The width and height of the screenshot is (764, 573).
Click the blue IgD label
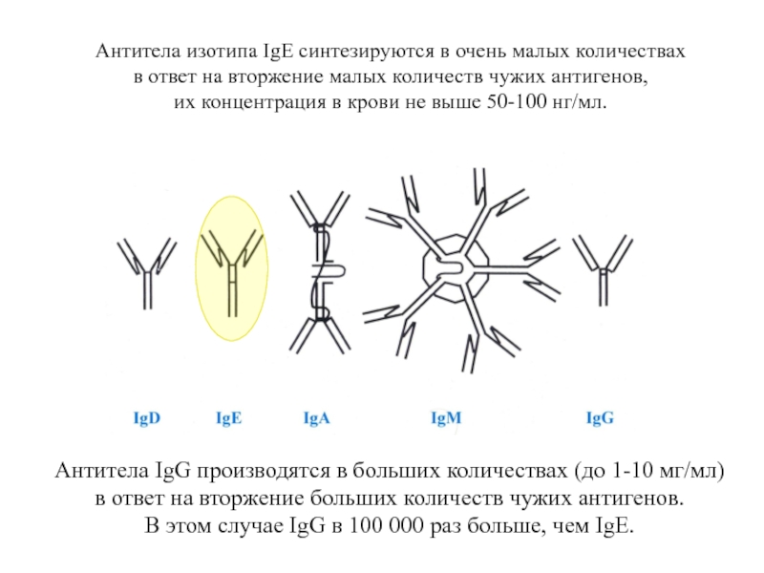[147, 418]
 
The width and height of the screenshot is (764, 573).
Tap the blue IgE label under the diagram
[228, 418]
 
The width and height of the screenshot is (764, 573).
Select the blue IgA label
[316, 418]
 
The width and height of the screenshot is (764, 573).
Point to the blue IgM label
[446, 418]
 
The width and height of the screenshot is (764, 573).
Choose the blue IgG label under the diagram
[600, 418]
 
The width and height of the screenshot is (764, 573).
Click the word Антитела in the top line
[138, 51]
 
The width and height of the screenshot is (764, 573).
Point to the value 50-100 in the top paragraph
[517, 102]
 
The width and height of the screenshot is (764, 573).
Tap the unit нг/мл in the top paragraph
[580, 103]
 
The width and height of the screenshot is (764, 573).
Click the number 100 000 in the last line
[387, 526]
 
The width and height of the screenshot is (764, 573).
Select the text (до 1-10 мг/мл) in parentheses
[649, 471]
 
